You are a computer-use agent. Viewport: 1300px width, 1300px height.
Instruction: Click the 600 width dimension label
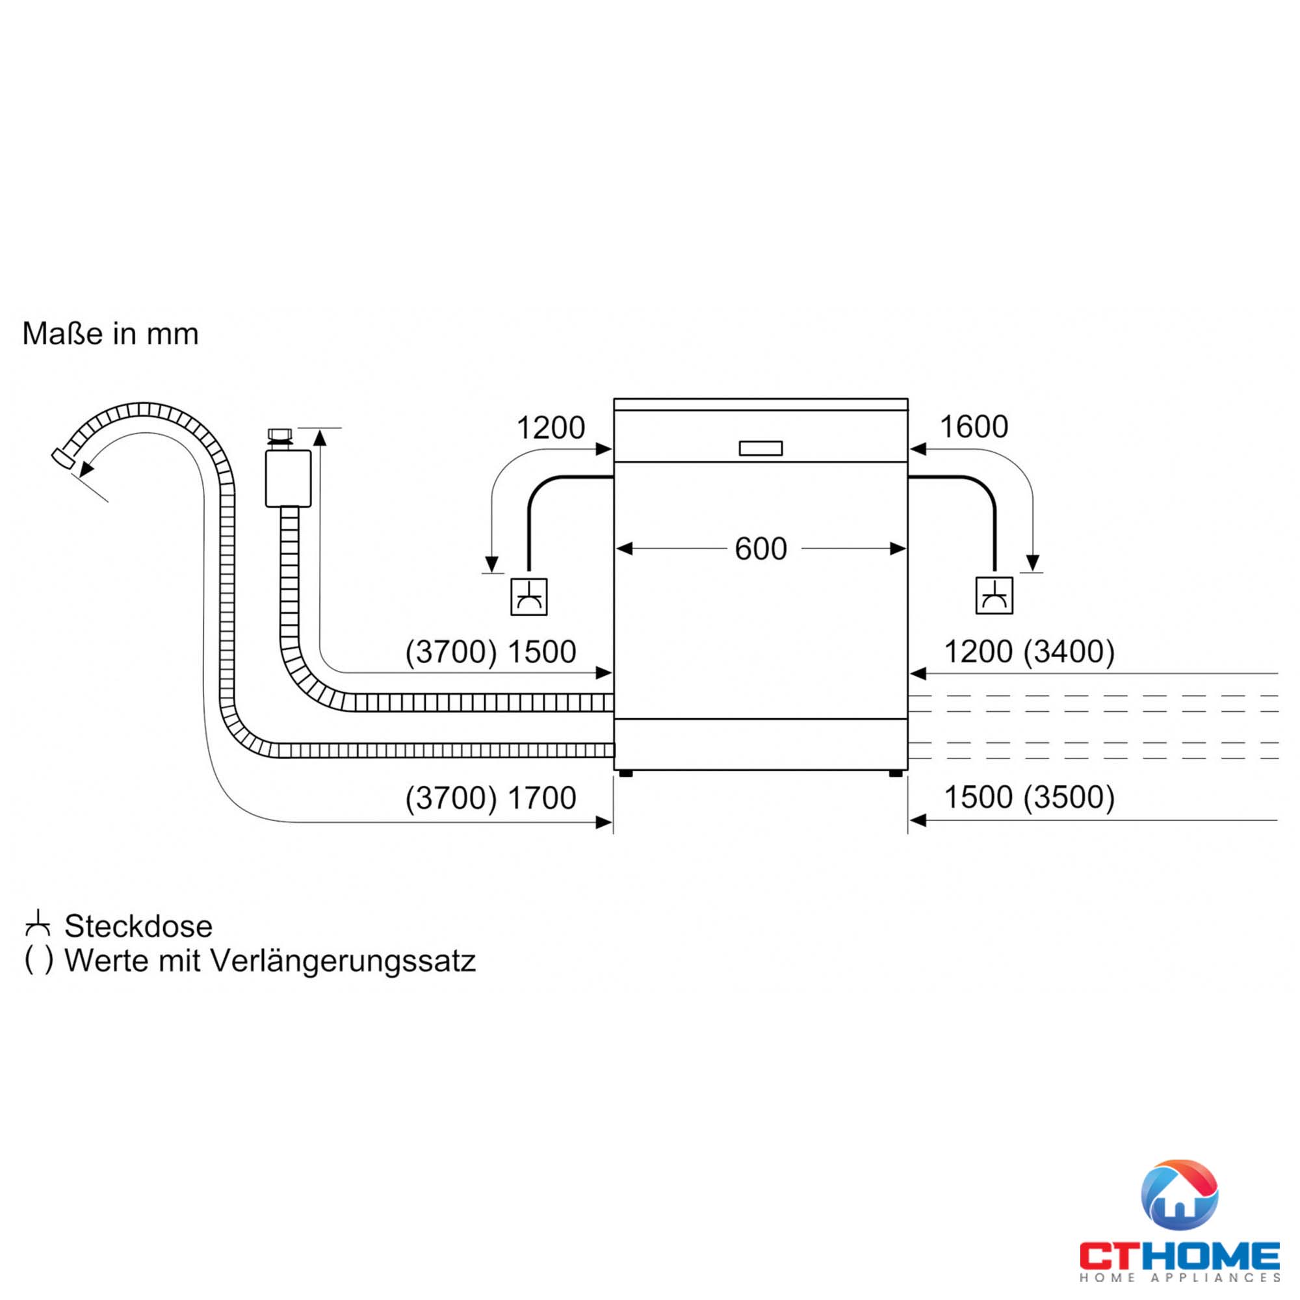point(760,549)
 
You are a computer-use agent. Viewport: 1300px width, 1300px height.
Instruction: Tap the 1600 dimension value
point(974,426)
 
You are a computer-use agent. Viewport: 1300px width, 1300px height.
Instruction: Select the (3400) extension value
point(1069,651)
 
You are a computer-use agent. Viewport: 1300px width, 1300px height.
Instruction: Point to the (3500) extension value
point(1069,798)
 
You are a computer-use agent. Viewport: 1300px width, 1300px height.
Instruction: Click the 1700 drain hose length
point(541,798)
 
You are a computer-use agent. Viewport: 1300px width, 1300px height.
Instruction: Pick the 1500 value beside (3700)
point(541,652)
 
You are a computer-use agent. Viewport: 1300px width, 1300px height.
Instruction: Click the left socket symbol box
point(529,597)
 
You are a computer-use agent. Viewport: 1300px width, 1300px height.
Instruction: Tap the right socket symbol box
point(994,595)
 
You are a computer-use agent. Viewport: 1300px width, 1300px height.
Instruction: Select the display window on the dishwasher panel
point(760,448)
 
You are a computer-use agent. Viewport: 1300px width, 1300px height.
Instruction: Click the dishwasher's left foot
point(626,773)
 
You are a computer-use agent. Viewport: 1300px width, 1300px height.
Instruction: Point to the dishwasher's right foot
point(896,773)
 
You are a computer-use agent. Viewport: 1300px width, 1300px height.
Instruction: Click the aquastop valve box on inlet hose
point(288,478)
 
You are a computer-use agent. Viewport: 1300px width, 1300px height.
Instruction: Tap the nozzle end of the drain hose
point(63,458)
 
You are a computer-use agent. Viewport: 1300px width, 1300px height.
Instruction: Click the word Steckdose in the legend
point(138,926)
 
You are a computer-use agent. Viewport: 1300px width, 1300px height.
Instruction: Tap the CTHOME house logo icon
point(1179,1195)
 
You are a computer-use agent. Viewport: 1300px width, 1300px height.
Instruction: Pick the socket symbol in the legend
point(38,924)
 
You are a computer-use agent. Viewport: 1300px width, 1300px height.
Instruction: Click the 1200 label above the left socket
point(551,428)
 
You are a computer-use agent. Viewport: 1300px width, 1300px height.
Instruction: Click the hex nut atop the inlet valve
point(280,435)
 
